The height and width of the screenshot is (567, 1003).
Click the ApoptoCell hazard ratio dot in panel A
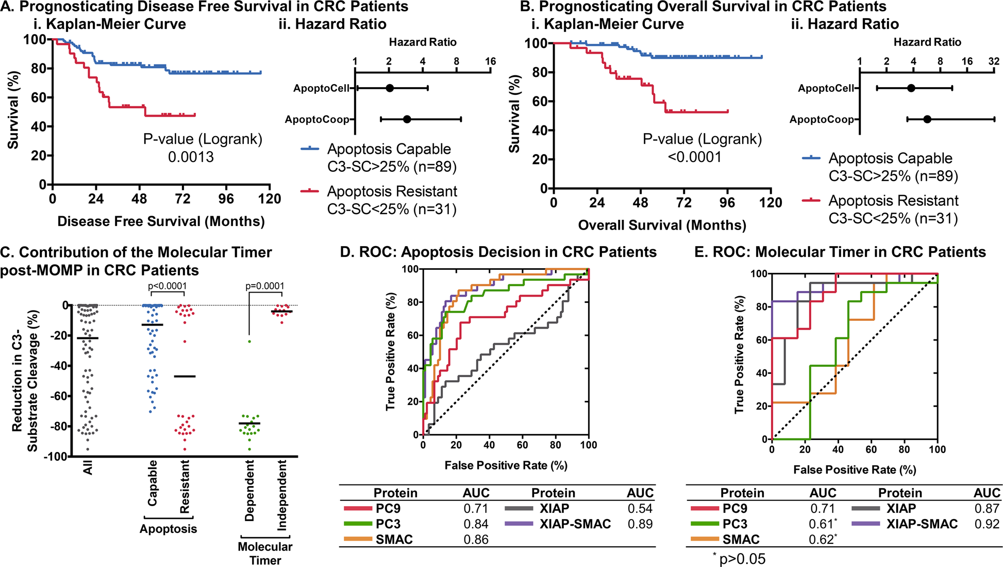point(390,88)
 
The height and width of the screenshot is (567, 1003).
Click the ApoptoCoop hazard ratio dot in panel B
point(927,119)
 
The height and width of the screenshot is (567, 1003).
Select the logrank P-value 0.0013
point(191,157)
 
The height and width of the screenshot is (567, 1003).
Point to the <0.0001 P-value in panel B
point(694,157)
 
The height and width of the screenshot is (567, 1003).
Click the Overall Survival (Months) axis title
point(662,225)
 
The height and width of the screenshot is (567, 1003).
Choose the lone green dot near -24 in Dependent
point(249,342)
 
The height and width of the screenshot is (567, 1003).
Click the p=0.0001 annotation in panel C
point(264,286)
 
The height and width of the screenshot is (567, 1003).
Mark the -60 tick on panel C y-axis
point(60,396)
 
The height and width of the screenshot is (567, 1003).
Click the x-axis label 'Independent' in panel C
point(281,496)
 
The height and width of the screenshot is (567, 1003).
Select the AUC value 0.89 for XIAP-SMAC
point(640,524)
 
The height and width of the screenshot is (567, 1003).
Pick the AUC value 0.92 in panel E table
point(987,524)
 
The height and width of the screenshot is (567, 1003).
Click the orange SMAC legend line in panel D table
point(357,540)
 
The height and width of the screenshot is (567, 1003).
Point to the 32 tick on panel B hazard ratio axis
point(994,61)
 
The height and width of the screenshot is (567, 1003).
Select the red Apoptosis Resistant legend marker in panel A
point(310,191)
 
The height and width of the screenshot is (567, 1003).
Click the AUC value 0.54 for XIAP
point(640,508)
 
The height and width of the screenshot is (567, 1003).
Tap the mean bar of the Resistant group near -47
point(185,377)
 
